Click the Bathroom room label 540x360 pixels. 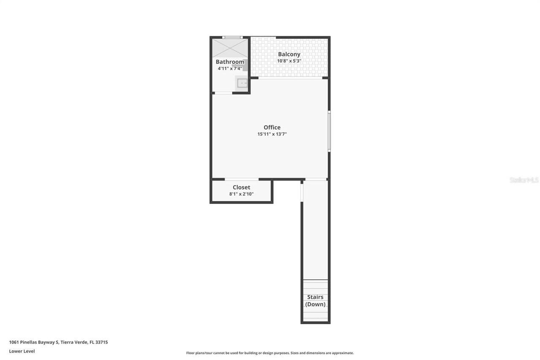[x=230, y=62]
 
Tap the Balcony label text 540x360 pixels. [x=289, y=54]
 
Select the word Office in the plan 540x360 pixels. [x=272, y=127]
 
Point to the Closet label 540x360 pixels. [x=241, y=187]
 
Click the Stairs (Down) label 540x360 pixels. [x=315, y=300]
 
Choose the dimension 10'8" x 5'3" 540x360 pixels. [x=289, y=61]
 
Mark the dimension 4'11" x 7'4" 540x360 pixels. [x=230, y=68]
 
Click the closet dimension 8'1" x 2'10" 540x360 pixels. [x=241, y=194]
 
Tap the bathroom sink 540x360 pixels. [x=242, y=83]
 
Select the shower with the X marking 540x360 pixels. [x=230, y=48]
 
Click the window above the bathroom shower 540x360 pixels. [x=232, y=38]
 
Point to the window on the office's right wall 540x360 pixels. [x=329, y=131]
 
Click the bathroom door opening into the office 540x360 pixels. [x=223, y=93]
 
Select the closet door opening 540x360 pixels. [x=241, y=179]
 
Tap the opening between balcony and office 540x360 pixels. [x=290, y=78]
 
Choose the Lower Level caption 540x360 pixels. [x=22, y=351]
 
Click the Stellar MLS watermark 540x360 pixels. [x=524, y=180]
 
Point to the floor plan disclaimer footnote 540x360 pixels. [x=270, y=353]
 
